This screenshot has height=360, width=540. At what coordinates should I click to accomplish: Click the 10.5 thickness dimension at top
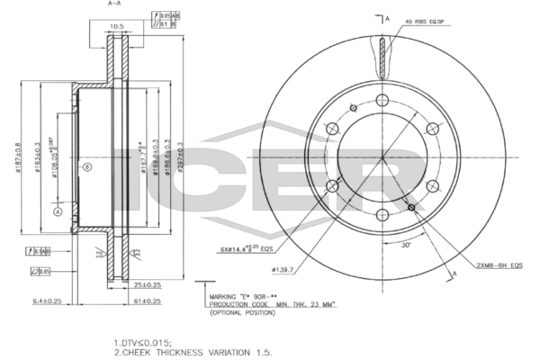[115, 26]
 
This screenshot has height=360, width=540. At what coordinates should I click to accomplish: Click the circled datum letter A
[57, 212]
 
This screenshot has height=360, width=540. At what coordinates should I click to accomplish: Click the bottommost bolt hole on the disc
[382, 213]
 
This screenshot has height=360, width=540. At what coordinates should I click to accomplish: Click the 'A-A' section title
[115, 4]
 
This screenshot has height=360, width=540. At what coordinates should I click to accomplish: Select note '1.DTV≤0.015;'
[143, 343]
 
